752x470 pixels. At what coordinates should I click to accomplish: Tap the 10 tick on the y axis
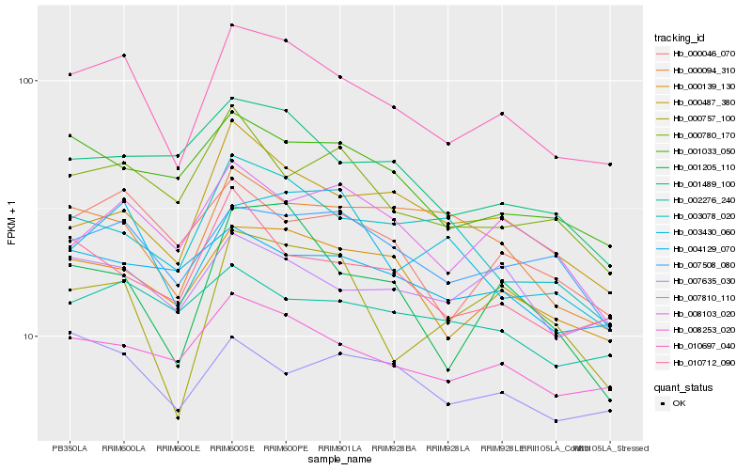coord(30,337)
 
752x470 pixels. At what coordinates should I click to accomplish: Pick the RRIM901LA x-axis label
coord(339,448)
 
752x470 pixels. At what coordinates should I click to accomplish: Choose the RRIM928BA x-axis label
coord(394,448)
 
